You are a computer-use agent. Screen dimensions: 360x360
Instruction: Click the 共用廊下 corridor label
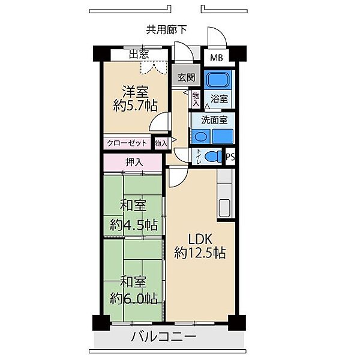(166, 29)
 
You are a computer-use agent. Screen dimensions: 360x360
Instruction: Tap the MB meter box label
(216, 58)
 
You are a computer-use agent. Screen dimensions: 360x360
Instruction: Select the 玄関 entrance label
(187, 77)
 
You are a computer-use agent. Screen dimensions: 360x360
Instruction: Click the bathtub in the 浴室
(218, 80)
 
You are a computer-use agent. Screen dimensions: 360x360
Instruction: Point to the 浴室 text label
(220, 99)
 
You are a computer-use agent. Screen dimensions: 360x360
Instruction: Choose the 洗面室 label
(214, 120)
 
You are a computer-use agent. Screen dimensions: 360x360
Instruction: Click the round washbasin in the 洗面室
(200, 137)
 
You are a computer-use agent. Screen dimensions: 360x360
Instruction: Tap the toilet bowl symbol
(213, 157)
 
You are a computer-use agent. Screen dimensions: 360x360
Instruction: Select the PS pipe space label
(230, 157)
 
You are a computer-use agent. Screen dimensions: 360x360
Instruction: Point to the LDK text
(200, 239)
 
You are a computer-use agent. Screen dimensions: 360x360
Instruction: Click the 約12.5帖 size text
(200, 253)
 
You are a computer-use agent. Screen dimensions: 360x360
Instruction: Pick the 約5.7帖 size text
(135, 106)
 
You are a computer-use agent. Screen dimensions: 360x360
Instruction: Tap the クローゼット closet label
(127, 143)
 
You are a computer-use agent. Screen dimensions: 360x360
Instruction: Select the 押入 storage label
(134, 163)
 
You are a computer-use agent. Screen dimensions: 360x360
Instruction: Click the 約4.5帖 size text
(134, 225)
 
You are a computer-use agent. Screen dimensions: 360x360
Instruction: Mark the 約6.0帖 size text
(134, 299)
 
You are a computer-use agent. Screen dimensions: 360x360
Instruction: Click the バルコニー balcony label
(164, 337)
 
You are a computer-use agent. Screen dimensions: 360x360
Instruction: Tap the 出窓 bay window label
(139, 55)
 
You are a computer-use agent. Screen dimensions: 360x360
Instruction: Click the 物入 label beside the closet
(161, 143)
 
